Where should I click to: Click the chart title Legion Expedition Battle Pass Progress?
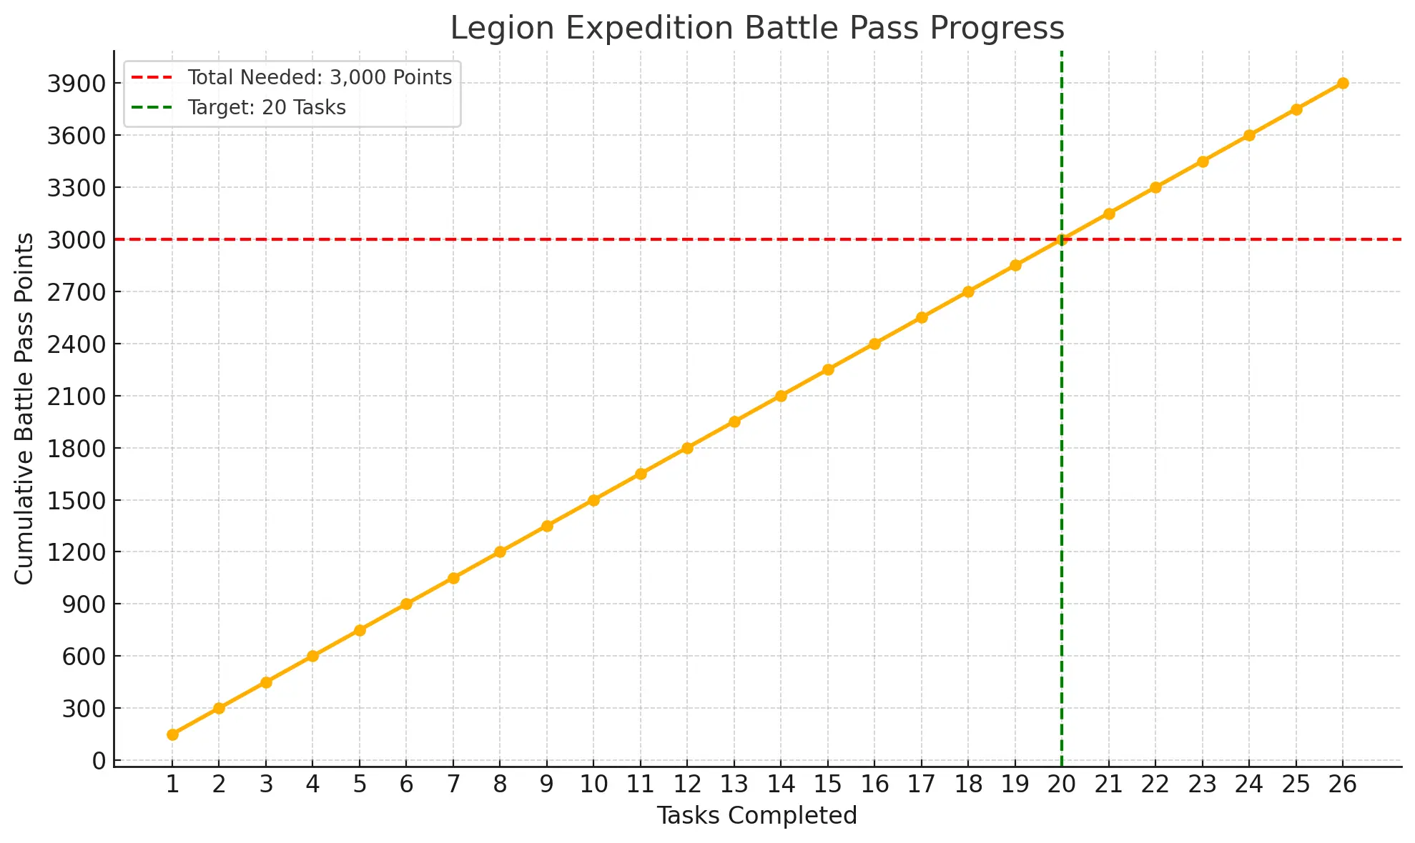click(x=756, y=29)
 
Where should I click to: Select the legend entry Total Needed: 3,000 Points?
click(x=319, y=77)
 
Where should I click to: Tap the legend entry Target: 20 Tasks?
click(x=266, y=108)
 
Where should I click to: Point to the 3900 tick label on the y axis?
click(x=77, y=84)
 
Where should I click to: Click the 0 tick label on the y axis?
click(x=98, y=761)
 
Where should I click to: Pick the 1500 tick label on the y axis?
click(x=77, y=501)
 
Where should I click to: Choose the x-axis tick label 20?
click(x=1062, y=784)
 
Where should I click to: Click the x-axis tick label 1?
click(x=172, y=784)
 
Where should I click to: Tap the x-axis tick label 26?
click(x=1342, y=784)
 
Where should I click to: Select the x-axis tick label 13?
click(x=734, y=784)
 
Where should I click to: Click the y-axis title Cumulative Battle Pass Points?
click(x=24, y=408)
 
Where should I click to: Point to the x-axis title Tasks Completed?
click(x=756, y=815)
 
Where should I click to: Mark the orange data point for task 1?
click(x=172, y=734)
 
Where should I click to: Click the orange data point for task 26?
click(x=1343, y=83)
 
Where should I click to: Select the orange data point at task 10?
click(x=593, y=500)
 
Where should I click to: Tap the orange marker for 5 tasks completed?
click(x=360, y=630)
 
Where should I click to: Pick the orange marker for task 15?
click(x=828, y=369)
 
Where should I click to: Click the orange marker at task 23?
click(x=1203, y=161)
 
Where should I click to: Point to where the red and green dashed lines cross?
click(x=1062, y=239)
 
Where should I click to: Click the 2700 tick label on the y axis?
click(x=77, y=292)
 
